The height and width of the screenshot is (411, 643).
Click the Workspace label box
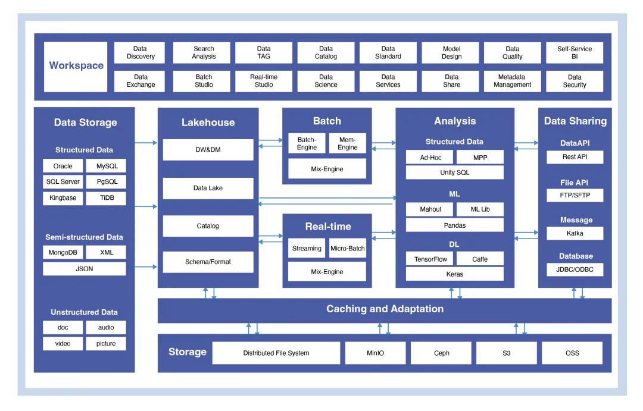[76, 66]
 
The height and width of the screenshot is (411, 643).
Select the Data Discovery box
[140, 53]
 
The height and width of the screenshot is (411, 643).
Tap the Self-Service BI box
[574, 53]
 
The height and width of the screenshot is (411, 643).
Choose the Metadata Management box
[512, 81]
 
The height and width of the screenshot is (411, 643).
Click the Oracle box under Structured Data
[63, 166]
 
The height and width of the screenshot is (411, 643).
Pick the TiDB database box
[106, 198]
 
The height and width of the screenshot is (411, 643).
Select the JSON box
[84, 269]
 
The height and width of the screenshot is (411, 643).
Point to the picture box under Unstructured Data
[106, 344]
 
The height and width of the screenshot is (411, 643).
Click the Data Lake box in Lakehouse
[208, 188]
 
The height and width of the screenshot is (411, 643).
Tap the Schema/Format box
[208, 262]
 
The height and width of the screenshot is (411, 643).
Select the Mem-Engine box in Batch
[347, 143]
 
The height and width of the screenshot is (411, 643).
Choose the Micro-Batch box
[347, 249]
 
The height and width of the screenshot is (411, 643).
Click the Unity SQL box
[454, 172]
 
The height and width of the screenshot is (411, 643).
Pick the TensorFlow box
[430, 259]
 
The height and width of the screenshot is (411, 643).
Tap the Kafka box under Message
[575, 233]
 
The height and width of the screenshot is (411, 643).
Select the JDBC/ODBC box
[575, 269]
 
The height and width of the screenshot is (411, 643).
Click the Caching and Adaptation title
[385, 309]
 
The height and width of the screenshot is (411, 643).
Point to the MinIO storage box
[375, 353]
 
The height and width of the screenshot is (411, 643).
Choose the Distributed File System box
[276, 353]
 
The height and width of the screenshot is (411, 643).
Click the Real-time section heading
[327, 227]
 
